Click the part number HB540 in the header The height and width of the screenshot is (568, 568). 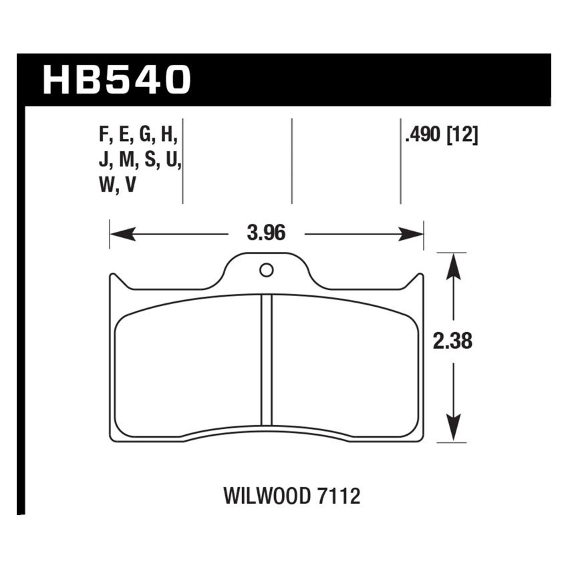click(117, 80)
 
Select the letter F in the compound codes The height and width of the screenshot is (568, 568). click(104, 136)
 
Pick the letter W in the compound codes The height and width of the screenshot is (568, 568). click(106, 186)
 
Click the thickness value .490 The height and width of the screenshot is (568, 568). click(422, 136)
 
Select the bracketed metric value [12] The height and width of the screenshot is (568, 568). click(462, 136)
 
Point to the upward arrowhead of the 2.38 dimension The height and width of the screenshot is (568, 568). click(454, 264)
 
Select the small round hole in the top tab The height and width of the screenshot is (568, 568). click(266, 270)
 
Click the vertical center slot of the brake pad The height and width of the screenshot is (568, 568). click(267, 361)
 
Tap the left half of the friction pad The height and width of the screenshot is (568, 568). click(187, 368)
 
